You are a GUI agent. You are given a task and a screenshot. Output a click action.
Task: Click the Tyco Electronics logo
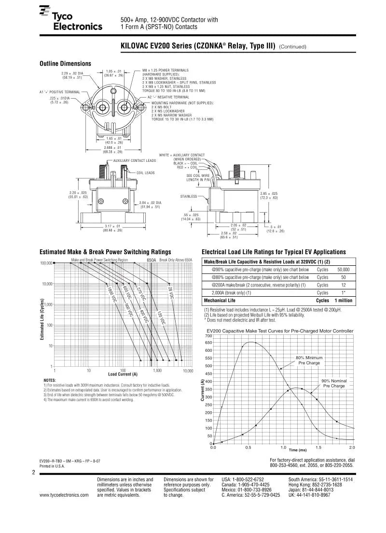click(x=71, y=20)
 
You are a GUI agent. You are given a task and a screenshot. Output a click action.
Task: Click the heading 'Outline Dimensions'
click(x=65, y=63)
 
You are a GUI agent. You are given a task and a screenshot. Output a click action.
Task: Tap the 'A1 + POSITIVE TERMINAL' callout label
click(x=59, y=92)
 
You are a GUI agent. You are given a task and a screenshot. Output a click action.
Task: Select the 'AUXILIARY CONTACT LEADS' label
click(x=135, y=160)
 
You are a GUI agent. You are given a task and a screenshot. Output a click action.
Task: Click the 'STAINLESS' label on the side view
click(x=189, y=196)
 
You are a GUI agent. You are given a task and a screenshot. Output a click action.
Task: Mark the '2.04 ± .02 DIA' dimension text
click(x=150, y=204)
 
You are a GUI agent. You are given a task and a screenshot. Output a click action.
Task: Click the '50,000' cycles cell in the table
click(x=344, y=270)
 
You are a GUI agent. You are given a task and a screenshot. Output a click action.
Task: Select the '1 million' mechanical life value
click(x=341, y=301)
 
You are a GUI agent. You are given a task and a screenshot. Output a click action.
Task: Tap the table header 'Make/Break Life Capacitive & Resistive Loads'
click(x=270, y=261)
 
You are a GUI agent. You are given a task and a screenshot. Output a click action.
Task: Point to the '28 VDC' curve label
click(x=170, y=293)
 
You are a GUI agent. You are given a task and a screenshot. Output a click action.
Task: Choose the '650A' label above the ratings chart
click(x=151, y=260)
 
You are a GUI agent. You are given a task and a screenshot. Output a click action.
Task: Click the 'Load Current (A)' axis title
click(x=123, y=374)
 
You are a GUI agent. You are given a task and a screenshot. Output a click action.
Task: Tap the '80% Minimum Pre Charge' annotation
click(x=309, y=360)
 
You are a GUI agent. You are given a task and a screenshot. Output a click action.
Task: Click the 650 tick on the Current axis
click(x=208, y=343)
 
